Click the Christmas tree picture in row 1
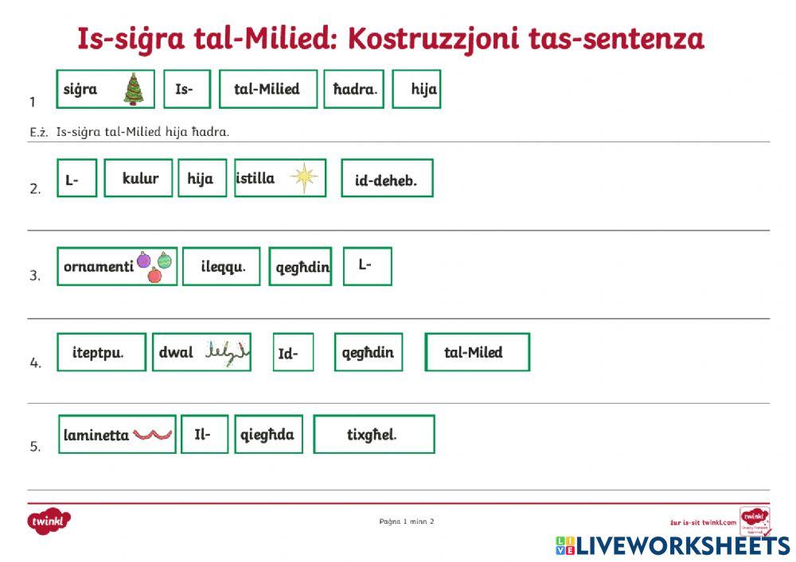[133, 89]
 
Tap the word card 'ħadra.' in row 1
[353, 89]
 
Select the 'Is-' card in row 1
[186, 89]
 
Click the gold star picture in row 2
[303, 177]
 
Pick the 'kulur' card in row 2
[140, 178]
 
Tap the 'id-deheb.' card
[386, 180]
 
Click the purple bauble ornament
[143, 260]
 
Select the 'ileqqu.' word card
[220, 267]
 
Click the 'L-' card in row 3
[366, 266]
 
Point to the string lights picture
[226, 351]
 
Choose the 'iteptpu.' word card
[100, 352]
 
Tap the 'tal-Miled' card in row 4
[476, 352]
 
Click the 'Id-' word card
[291, 353]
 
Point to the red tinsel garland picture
[152, 434]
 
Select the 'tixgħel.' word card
[373, 435]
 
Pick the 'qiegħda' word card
[268, 435]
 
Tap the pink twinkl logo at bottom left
[50, 521]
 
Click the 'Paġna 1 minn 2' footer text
[407, 521]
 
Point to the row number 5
[35, 447]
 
